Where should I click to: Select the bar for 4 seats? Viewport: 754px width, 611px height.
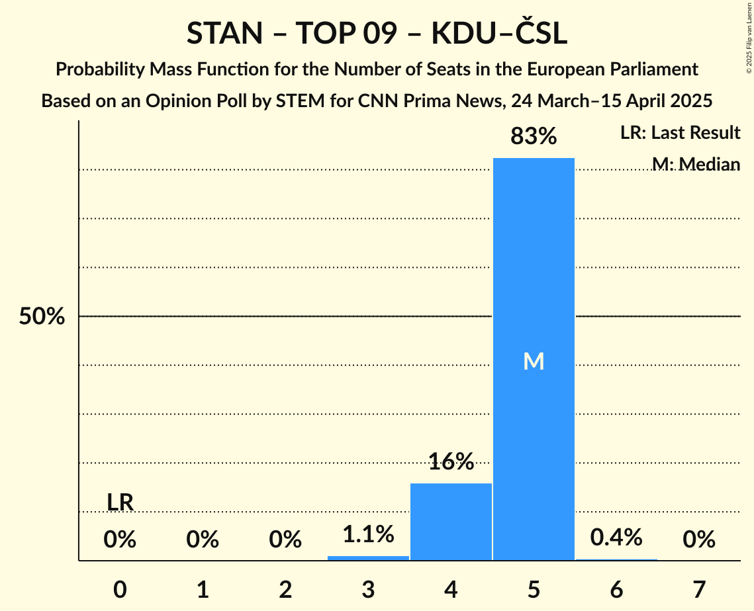coord(451,522)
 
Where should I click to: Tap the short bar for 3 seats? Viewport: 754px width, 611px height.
coord(368,558)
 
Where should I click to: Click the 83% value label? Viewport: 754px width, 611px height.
coord(534,137)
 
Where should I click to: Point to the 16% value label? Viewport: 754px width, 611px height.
coord(451,462)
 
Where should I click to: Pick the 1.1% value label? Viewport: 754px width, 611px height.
coord(368,534)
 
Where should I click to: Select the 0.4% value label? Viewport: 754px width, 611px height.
coord(616,537)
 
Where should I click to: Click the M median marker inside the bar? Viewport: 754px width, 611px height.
coord(534,361)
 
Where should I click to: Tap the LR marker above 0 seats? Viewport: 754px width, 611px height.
coord(120,503)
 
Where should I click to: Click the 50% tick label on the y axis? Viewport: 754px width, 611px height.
coord(42,317)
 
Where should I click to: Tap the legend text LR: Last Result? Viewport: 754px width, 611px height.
coord(680,133)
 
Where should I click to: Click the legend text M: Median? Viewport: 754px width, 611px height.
coord(696,163)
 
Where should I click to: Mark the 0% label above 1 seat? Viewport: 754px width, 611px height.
coord(203,540)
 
